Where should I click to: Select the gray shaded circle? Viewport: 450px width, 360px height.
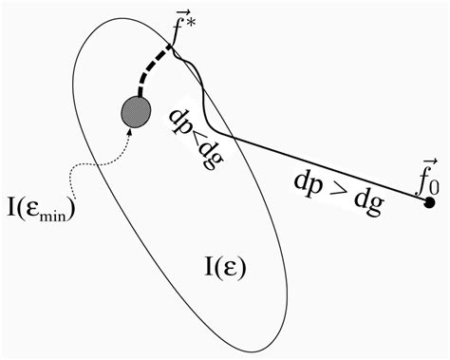133,112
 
